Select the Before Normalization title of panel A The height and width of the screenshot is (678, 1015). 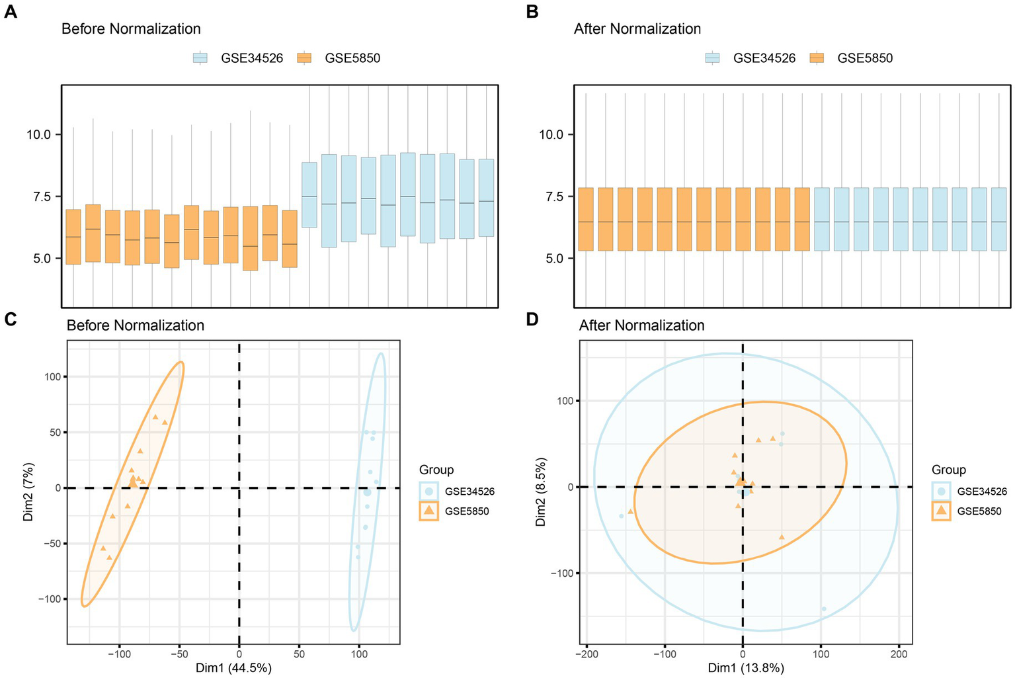[x=131, y=29]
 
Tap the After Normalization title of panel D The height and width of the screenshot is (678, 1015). [x=641, y=325]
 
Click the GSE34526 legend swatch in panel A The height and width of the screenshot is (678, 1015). [x=200, y=58]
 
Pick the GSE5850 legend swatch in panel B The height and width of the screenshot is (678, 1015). [x=817, y=58]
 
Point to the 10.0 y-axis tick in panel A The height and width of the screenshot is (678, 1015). [x=38, y=135]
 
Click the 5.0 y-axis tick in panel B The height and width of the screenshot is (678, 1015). [x=551, y=259]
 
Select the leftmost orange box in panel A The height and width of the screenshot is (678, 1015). [x=73, y=237]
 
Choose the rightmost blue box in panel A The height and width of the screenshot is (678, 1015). [x=486, y=198]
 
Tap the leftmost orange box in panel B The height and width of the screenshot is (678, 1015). [x=586, y=219]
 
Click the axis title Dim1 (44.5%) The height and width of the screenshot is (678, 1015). [x=233, y=668]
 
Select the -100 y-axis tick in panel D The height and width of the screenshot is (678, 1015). [x=564, y=573]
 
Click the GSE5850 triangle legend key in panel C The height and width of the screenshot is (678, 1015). [x=429, y=511]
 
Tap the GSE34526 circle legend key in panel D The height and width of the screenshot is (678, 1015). [x=941, y=491]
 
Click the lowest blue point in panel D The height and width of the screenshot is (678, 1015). [x=823, y=609]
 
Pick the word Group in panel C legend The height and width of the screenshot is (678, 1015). [x=436, y=470]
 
